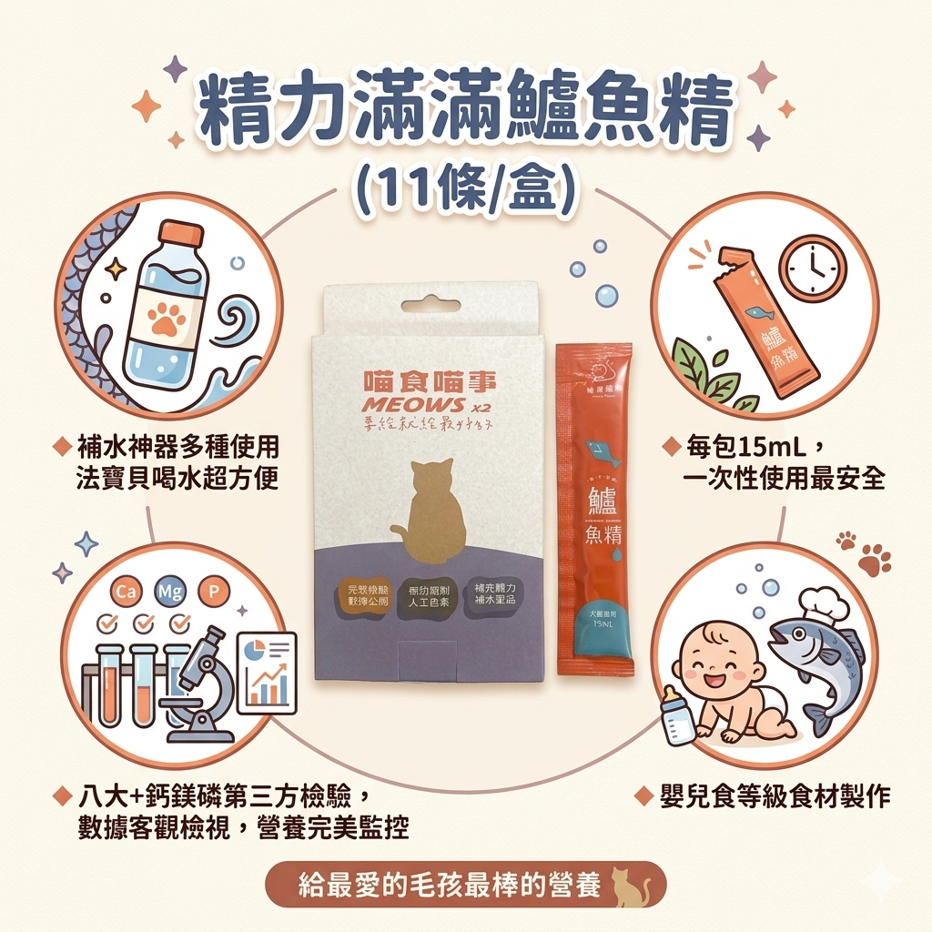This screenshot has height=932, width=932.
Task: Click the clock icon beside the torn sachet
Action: [x=813, y=268]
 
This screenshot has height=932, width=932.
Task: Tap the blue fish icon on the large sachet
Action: [x=598, y=448]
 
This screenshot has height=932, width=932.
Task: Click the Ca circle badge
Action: [x=125, y=593]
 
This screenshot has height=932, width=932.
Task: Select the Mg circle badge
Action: [x=169, y=593]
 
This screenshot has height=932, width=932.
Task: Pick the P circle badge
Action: [x=214, y=593]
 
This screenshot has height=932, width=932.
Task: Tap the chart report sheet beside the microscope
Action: [x=266, y=671]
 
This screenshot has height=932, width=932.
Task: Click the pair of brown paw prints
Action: [x=866, y=554]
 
